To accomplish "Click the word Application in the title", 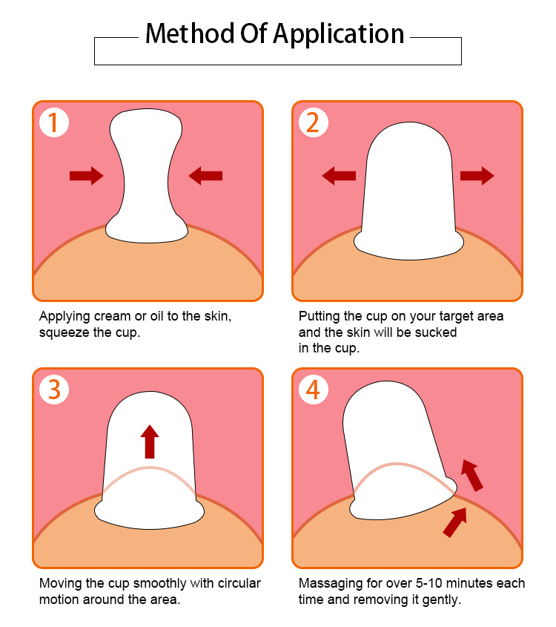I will (339, 35).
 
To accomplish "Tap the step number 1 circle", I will (53, 122).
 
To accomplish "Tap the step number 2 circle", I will (313, 122).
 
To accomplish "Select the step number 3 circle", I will (53, 390).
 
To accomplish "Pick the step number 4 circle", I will (313, 390).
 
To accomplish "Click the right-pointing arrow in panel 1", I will (86, 175).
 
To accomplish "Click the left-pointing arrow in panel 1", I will (205, 175).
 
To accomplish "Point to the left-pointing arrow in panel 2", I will (339, 175).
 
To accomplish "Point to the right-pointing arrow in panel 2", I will (477, 175).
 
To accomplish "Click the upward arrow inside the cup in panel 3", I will (150, 441).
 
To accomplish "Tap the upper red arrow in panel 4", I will (471, 475).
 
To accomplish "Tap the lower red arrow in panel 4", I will (454, 522).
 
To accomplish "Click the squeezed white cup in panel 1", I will (146, 178).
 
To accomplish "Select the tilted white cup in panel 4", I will (393, 453).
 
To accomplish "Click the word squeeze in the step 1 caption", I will (63, 332).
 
